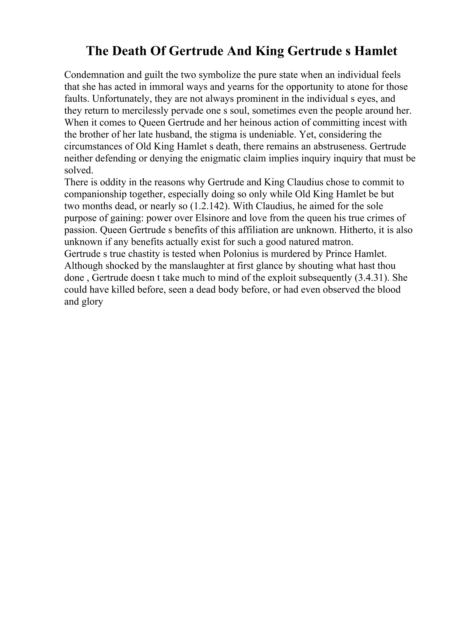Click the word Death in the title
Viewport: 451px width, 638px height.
[x=130, y=51]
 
